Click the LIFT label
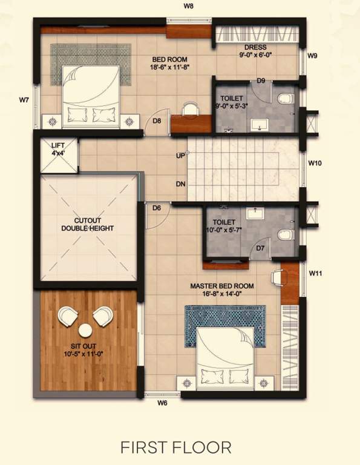[x=58, y=145]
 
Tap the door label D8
[x=156, y=121]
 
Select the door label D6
[x=156, y=208]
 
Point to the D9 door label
[x=261, y=81]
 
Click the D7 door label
[x=261, y=248]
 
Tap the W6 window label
[x=162, y=403]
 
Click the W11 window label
[x=315, y=274]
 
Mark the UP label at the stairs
[x=180, y=156]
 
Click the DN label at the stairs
[x=180, y=183]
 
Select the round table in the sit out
[x=85, y=330]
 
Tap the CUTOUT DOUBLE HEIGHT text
[x=88, y=225]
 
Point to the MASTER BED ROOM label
[x=222, y=286]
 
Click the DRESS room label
[x=256, y=47]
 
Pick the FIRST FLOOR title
[x=176, y=447]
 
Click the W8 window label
[x=188, y=5]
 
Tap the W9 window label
[x=312, y=56]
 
